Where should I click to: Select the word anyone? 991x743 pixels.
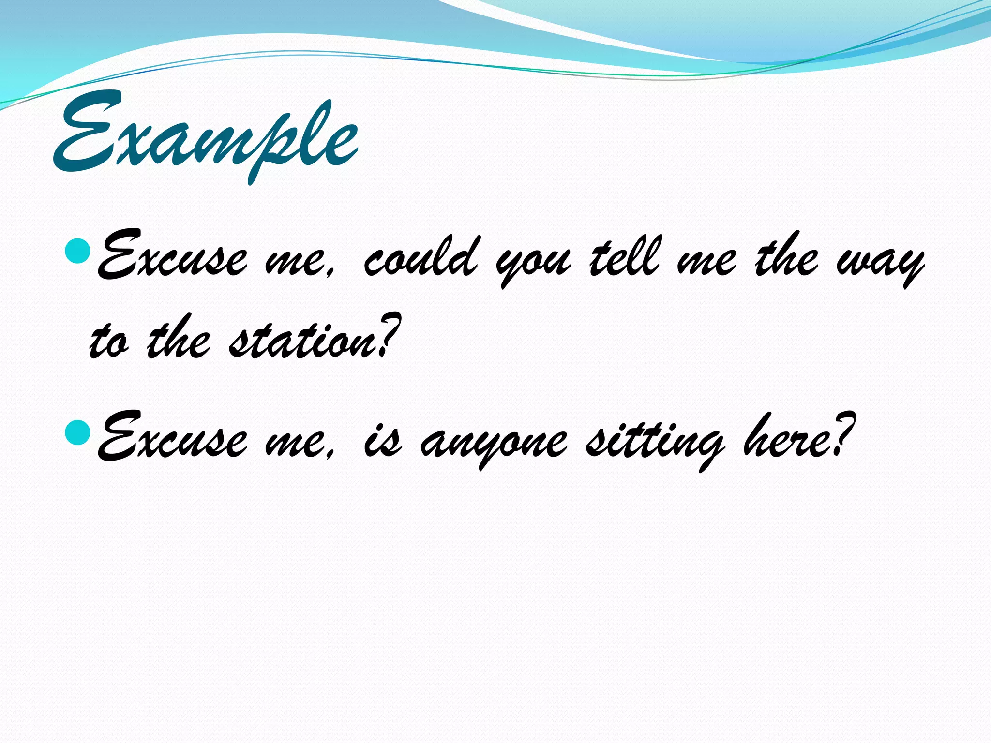[494, 443]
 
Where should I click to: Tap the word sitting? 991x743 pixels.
[656, 440]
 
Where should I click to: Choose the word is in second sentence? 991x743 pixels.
[382, 443]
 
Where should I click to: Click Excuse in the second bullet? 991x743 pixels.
[172, 438]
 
